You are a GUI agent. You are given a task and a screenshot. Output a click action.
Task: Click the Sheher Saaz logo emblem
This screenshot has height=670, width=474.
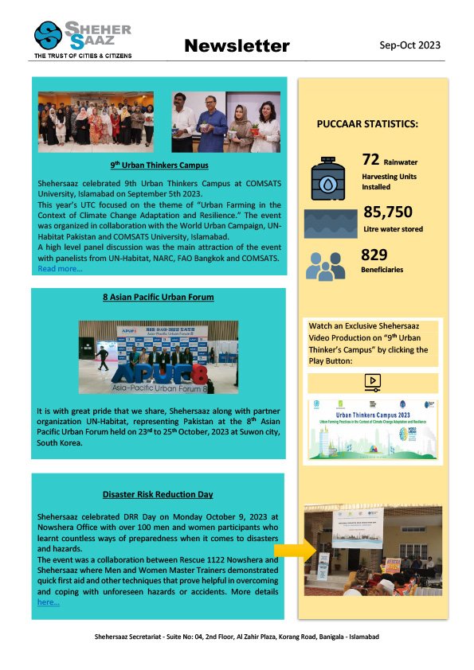[49, 36]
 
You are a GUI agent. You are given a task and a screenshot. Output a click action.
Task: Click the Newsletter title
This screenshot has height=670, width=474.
[237, 46]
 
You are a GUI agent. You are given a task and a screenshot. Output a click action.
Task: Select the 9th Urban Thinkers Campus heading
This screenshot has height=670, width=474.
[159, 166]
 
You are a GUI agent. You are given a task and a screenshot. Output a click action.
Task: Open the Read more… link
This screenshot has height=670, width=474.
[60, 269]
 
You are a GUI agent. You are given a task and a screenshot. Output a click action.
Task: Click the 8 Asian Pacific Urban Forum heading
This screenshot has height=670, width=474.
[158, 297]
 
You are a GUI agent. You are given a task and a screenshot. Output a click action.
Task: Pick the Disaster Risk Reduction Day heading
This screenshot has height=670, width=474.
[158, 494]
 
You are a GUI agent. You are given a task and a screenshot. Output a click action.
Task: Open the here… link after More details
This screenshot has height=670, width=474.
[48, 602]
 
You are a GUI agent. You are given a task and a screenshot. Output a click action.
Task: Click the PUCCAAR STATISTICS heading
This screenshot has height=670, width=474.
[367, 125]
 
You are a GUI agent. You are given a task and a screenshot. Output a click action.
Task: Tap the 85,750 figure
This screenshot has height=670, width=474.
[388, 212]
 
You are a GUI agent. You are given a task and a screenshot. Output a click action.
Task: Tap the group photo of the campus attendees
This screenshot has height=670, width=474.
[96, 120]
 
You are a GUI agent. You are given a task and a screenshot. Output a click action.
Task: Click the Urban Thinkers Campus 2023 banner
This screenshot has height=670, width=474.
[373, 429]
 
